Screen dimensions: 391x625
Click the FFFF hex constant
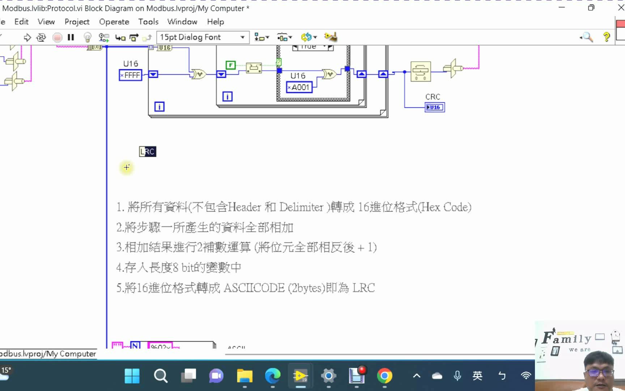point(131,75)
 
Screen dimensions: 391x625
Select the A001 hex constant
point(299,87)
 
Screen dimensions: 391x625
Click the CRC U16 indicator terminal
point(434,107)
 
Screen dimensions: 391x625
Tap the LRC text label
point(148,152)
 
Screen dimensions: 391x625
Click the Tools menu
point(148,22)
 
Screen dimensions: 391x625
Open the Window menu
point(182,22)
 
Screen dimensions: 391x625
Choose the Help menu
point(215,22)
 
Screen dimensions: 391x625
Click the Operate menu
point(114,22)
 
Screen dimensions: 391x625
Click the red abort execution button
point(57,37)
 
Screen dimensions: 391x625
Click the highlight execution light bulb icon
point(87,37)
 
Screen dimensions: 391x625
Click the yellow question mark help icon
point(606,37)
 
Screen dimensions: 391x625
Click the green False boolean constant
point(230,65)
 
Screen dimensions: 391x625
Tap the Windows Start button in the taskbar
point(132,376)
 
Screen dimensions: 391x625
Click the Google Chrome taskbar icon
point(384,376)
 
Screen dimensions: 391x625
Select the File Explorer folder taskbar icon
point(245,376)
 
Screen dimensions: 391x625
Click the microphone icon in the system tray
point(457,376)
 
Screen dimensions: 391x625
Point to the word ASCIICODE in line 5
point(254,288)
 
